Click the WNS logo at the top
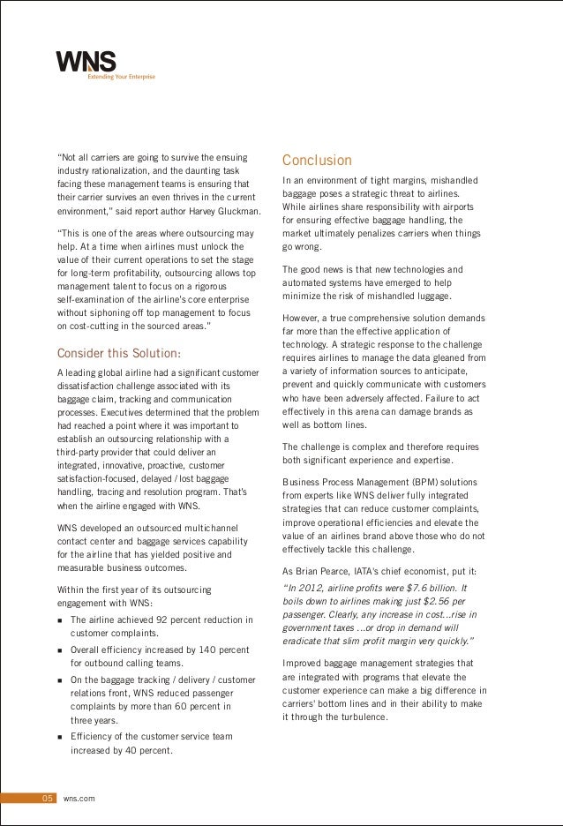(86, 62)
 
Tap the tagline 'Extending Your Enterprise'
(120, 77)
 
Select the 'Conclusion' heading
(317, 161)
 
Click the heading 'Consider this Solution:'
(119, 355)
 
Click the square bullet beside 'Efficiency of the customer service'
(60, 737)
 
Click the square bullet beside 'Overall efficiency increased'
(60, 650)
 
